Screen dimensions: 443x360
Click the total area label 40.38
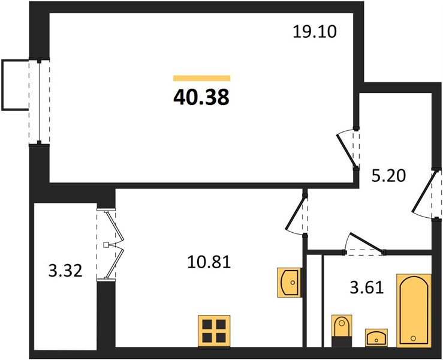(201, 97)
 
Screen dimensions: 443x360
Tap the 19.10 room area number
(315, 31)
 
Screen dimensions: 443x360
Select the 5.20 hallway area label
(388, 176)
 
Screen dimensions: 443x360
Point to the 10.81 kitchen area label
(209, 262)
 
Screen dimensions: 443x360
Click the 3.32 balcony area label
(65, 271)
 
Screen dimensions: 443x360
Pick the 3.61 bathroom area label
(367, 288)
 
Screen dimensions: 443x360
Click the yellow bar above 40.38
(202, 78)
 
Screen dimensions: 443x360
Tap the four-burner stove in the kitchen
(214, 331)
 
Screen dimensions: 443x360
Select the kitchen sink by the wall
(288, 282)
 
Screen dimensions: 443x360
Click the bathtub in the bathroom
(414, 310)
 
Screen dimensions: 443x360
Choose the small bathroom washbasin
(376, 337)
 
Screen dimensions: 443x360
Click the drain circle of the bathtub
(414, 338)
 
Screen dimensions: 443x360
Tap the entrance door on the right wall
(425, 193)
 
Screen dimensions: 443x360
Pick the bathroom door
(364, 243)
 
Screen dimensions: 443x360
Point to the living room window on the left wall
(40, 102)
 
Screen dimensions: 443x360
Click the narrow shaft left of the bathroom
(315, 301)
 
